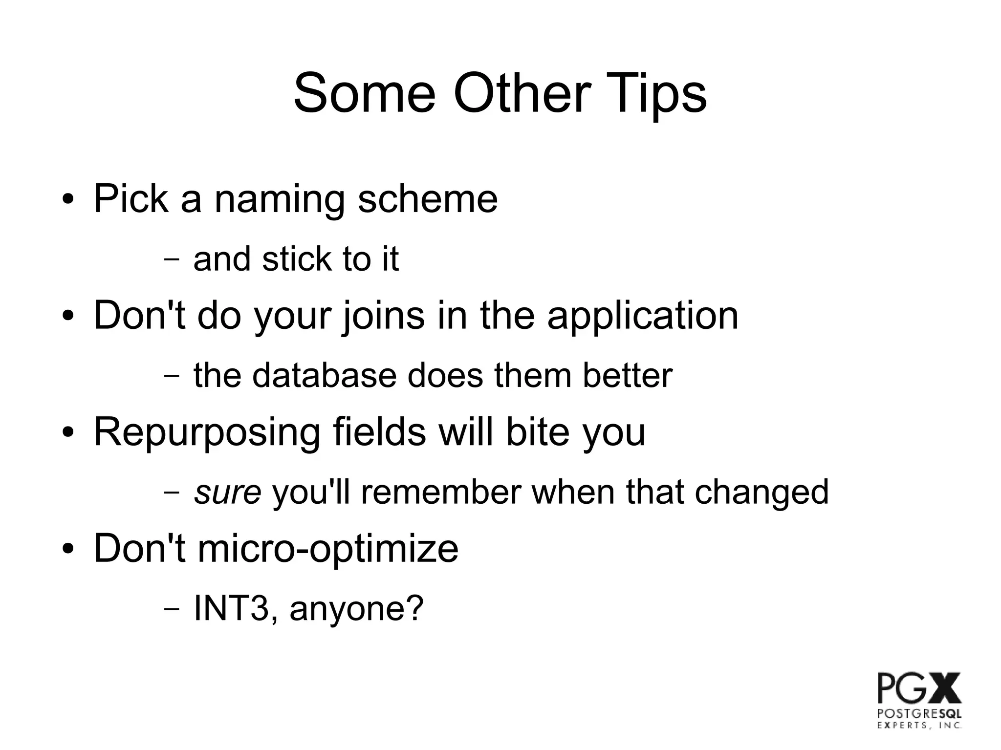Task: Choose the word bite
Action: coord(537,432)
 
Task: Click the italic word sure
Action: coord(228,492)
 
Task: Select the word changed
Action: coord(762,492)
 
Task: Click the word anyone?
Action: coord(356,608)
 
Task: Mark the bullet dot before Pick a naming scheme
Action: coord(68,200)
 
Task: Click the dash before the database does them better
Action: coord(171,376)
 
